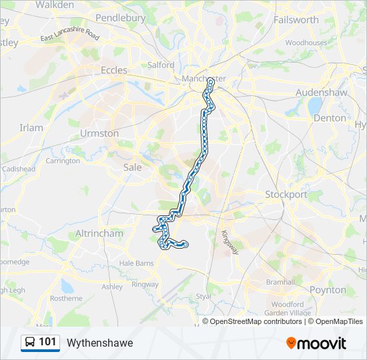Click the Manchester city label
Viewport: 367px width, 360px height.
tap(204, 79)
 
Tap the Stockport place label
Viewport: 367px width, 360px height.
tap(286, 195)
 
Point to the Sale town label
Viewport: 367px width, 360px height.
tap(133, 167)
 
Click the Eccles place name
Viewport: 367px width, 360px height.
tap(113, 69)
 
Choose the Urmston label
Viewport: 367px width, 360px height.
tap(99, 133)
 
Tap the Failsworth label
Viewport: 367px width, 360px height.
tap(296, 19)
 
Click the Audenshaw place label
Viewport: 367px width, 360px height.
tap(322, 92)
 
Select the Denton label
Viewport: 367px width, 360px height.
tap(330, 117)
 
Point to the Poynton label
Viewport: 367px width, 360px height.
tap(328, 290)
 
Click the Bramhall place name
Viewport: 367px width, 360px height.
tap(280, 282)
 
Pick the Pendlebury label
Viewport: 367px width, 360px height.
tap(121, 17)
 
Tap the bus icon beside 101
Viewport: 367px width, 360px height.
tap(30, 343)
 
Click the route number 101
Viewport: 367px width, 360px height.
tap(47, 343)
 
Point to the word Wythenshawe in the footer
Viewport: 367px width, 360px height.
tap(99, 343)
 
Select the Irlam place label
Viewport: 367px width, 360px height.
tap(31, 127)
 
